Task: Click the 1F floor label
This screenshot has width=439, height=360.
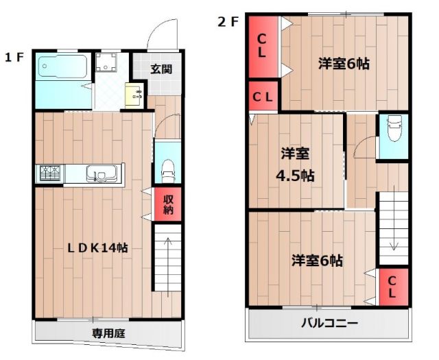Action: tap(14, 57)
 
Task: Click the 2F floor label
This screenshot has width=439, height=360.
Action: tap(228, 21)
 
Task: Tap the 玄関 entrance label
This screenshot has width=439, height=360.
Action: tap(162, 69)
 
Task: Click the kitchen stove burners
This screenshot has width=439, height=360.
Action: tap(51, 173)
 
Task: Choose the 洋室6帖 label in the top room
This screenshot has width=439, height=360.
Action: tap(344, 64)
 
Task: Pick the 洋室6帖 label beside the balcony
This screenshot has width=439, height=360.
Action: tap(317, 261)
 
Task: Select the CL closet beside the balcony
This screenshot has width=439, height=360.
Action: tap(392, 287)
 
